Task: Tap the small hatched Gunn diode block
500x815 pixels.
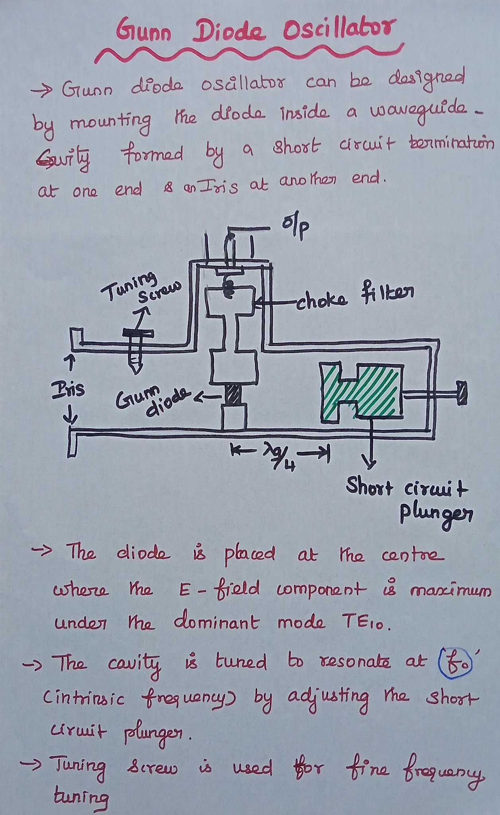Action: pos(234,395)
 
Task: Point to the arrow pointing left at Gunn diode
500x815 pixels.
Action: pos(204,396)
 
